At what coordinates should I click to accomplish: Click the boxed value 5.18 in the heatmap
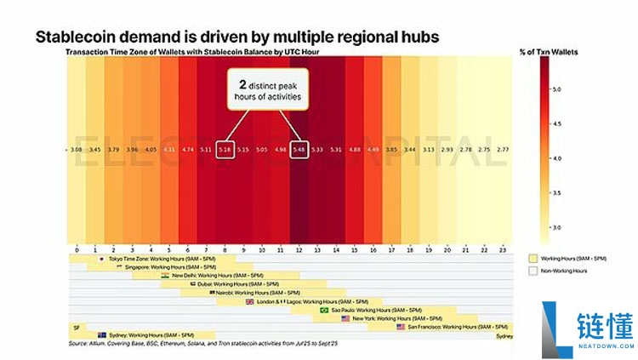click(x=225, y=150)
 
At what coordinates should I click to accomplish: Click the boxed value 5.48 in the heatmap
click(x=299, y=150)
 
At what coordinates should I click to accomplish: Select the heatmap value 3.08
click(x=76, y=150)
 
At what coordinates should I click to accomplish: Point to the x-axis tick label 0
click(x=77, y=249)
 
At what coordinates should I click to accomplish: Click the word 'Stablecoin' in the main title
click(x=75, y=37)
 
